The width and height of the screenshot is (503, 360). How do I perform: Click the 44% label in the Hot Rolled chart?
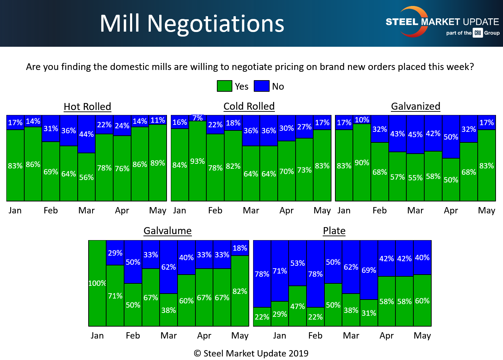[x=86, y=134]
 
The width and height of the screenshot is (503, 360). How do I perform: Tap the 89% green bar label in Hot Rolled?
[x=157, y=163]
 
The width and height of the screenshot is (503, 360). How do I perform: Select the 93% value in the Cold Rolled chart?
[x=197, y=161]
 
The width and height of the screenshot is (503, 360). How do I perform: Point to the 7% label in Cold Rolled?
[x=198, y=118]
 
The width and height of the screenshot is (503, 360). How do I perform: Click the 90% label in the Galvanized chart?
[x=362, y=163]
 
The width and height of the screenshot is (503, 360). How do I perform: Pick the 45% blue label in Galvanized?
[x=415, y=135]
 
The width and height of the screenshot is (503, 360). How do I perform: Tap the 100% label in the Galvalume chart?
[x=97, y=283]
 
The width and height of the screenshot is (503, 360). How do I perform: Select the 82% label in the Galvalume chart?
[x=240, y=291]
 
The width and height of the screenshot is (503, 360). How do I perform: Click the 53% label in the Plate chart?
[x=297, y=263]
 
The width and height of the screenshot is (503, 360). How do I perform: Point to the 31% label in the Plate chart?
[x=369, y=313]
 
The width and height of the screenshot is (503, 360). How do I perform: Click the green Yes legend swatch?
[x=224, y=86]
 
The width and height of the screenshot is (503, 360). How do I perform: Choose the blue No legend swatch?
[x=262, y=86]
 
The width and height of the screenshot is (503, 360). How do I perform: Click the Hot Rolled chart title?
[x=87, y=107]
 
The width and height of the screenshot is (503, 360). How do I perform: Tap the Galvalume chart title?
[x=168, y=231]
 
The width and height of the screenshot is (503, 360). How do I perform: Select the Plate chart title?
[x=334, y=231]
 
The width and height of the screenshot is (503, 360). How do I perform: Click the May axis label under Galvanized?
[x=486, y=211]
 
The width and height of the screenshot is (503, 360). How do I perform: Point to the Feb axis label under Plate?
[x=315, y=336]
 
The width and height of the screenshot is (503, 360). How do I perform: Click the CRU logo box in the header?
[x=477, y=33]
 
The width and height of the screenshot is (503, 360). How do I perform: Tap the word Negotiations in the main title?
[x=215, y=24]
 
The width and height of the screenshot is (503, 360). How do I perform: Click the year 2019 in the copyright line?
[x=298, y=353]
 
